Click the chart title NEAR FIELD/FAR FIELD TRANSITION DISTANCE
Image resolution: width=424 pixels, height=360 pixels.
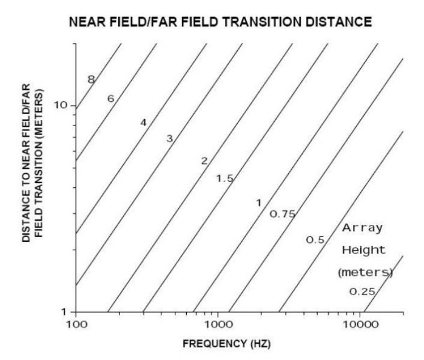click(220, 22)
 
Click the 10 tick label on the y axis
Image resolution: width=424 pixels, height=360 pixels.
click(61, 106)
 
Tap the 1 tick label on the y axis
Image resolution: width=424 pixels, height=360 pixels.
click(64, 312)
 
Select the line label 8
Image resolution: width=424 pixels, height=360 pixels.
click(90, 79)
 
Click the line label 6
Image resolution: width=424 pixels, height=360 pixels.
click(110, 98)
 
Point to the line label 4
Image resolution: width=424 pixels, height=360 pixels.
click(143, 122)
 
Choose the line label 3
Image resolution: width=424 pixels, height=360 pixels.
click(169, 139)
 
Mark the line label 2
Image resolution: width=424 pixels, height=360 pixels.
click(204, 161)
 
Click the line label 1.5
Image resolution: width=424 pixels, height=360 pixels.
click(225, 178)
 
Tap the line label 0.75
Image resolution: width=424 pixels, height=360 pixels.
click(282, 213)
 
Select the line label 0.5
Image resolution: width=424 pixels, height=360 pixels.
click(315, 240)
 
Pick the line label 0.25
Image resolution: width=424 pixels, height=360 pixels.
click(363, 292)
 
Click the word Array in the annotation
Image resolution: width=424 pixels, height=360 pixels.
click(363, 228)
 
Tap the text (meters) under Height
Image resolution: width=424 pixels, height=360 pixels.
click(365, 272)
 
